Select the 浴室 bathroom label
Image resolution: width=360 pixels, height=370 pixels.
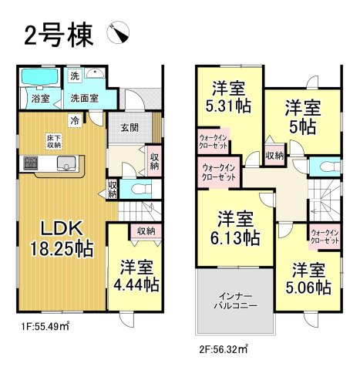point(39,99)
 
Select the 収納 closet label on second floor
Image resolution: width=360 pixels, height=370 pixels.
point(274,156)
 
